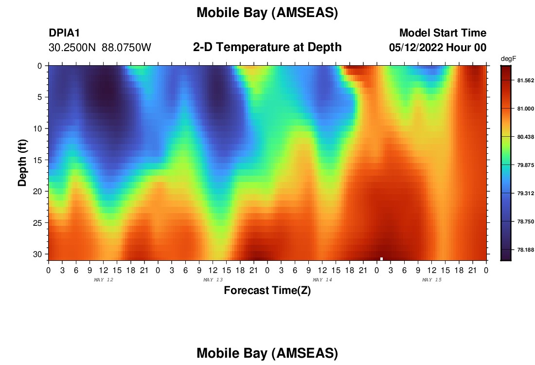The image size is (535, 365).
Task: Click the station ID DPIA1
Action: tap(64, 33)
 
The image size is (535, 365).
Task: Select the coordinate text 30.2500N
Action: tap(72, 48)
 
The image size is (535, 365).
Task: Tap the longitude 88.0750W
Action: tap(126, 48)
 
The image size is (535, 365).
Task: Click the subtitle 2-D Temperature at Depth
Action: tap(267, 47)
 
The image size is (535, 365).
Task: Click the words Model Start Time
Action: tap(443, 33)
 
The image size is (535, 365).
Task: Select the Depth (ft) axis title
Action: tap(22, 163)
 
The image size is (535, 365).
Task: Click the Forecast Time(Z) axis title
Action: tap(267, 290)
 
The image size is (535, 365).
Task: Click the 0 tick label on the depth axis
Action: tap(39, 66)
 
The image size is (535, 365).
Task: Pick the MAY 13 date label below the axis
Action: tap(213, 280)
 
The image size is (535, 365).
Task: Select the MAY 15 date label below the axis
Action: tap(431, 280)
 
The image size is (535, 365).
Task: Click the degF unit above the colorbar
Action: tap(508, 59)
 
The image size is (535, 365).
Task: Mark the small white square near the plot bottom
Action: tap(381, 259)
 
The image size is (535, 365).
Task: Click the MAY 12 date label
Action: tap(104, 280)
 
